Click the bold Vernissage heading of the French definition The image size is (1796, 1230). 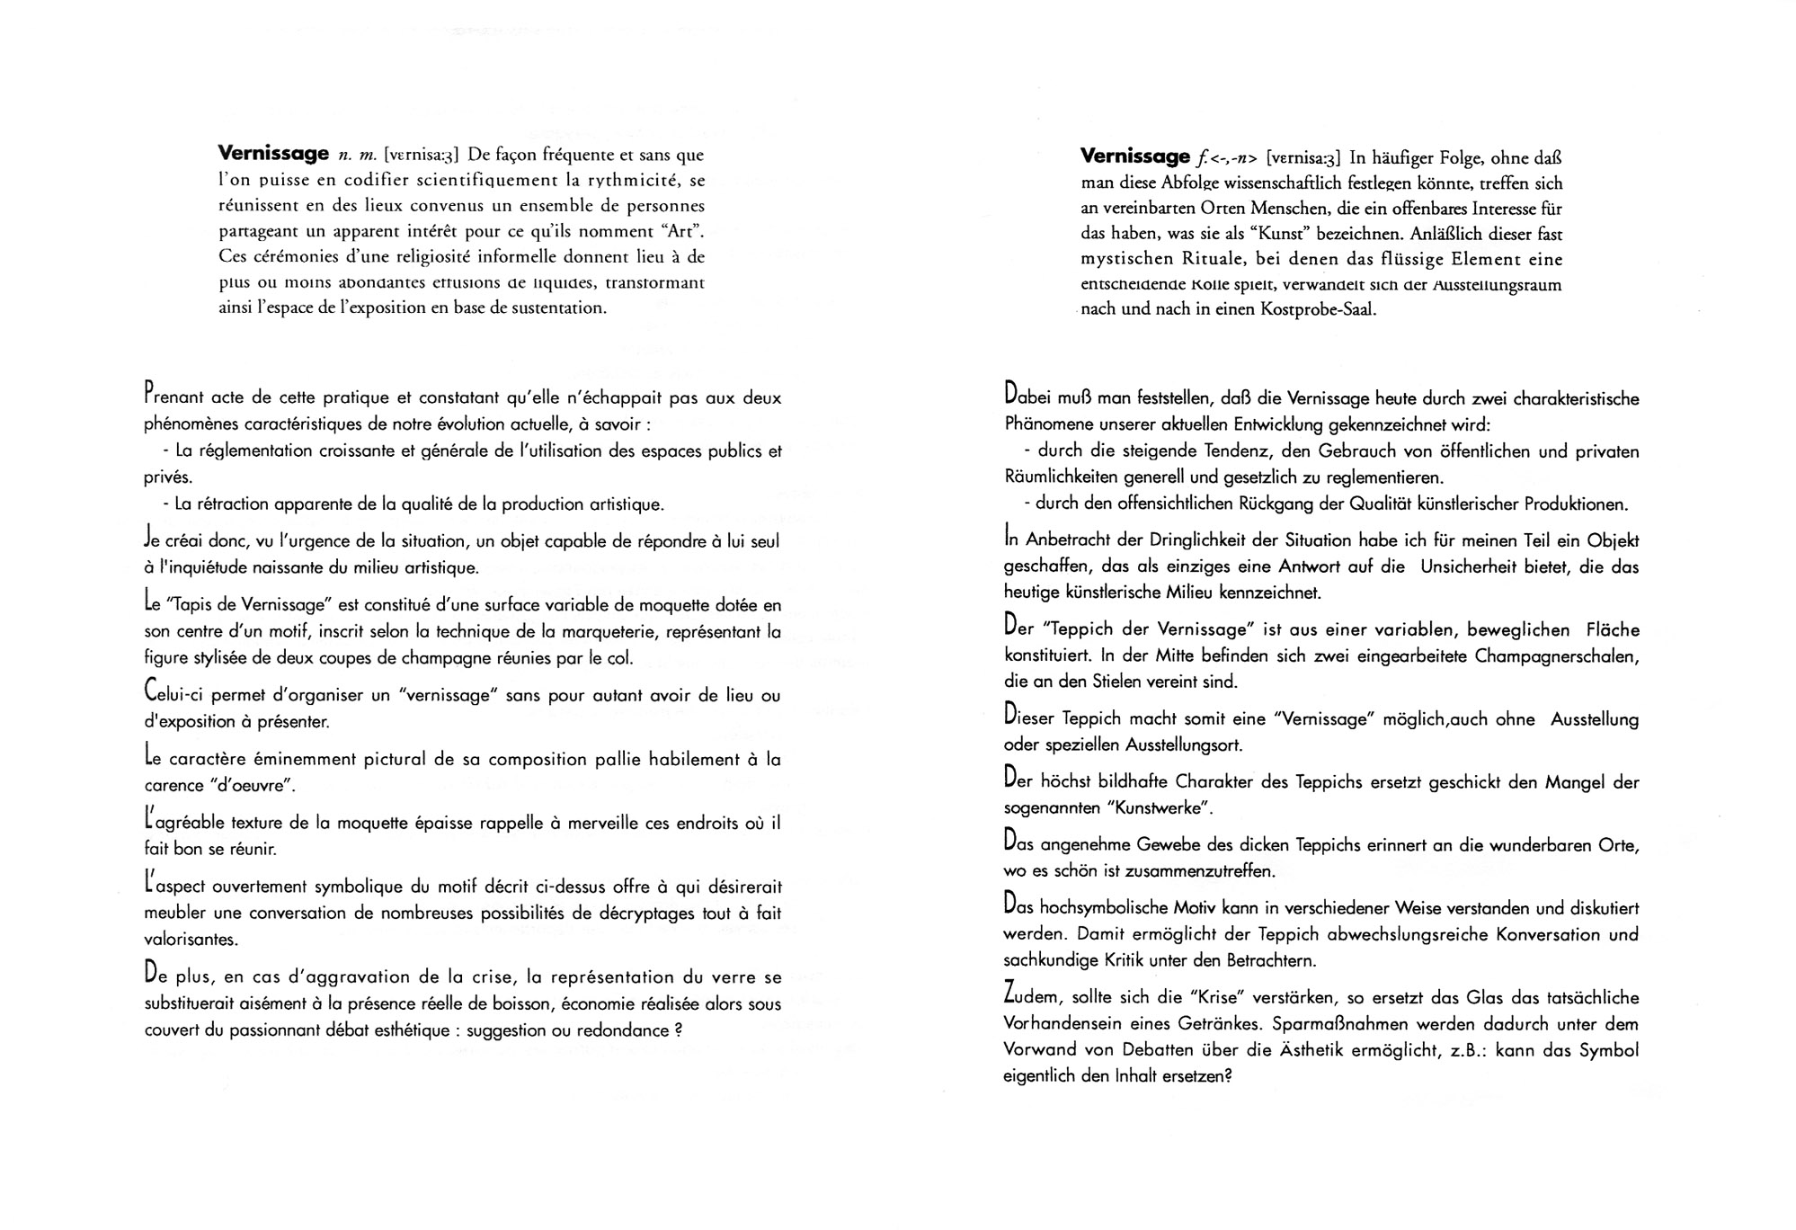point(273,154)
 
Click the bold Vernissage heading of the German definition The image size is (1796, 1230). point(1134,156)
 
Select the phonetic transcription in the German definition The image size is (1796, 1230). point(1303,158)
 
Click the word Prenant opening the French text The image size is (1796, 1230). point(173,397)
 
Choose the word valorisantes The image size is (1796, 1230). point(191,940)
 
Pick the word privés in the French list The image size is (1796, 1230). point(168,477)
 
